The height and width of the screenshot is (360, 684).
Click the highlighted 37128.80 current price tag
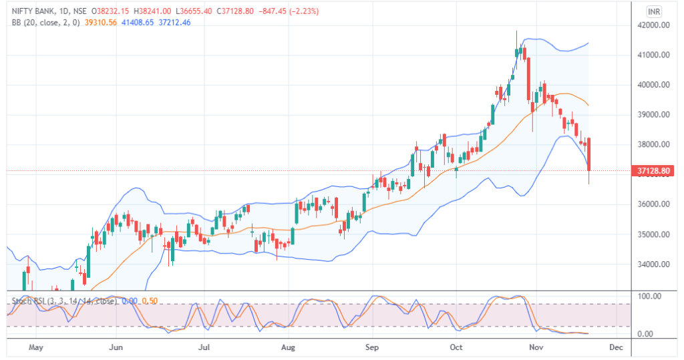pos(654,172)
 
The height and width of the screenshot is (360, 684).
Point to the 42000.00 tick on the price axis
pos(654,25)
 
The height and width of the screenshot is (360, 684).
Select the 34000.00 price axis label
pos(654,264)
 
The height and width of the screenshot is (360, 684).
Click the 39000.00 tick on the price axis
pos(654,115)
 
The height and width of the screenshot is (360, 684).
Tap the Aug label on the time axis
pos(288,348)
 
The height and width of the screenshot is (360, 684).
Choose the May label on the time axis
pos(36,348)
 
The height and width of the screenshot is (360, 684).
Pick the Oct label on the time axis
pos(456,348)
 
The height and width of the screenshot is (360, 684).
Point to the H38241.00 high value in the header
pos(152,11)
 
